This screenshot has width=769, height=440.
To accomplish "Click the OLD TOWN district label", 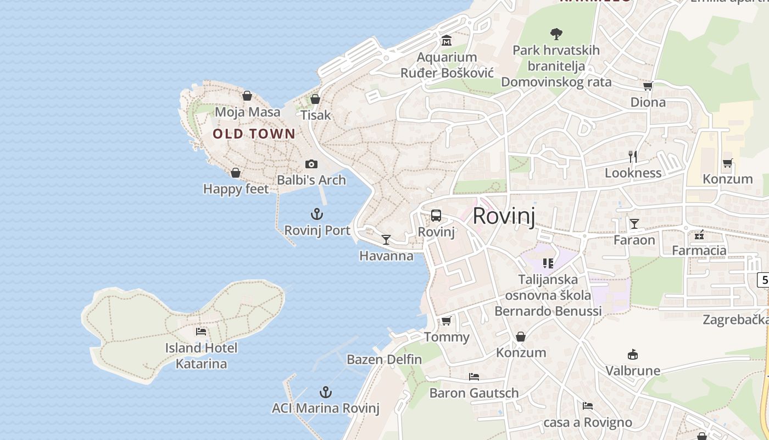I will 254,134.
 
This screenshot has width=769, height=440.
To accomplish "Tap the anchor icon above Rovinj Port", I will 317,214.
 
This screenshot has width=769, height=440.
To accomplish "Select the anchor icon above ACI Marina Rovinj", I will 326,392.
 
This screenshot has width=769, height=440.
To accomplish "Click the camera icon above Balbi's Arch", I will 311,164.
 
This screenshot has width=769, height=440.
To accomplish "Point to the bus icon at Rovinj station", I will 436,216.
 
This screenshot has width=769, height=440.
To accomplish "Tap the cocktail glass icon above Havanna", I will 386,239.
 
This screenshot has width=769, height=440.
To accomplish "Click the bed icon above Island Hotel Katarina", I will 201,332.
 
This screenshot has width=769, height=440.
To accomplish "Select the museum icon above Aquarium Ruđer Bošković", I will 447,41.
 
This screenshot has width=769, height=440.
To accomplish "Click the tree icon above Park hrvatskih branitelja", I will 556,34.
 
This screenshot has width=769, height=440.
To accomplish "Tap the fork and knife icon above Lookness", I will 633,157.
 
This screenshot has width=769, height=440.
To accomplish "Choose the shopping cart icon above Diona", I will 648,86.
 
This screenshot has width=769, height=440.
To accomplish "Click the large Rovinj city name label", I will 503,216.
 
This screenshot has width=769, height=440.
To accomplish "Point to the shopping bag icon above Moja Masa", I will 247,96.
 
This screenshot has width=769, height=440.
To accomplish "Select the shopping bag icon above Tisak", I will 315,99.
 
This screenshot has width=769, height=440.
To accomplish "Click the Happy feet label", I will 236,189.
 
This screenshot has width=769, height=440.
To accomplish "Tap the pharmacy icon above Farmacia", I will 699,235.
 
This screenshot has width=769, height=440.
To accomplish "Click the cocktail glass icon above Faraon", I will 634,223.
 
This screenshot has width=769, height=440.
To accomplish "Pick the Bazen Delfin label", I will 384,360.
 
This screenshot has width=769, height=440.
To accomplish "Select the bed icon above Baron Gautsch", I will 474,377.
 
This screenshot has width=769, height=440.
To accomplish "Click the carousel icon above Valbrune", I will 633,355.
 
